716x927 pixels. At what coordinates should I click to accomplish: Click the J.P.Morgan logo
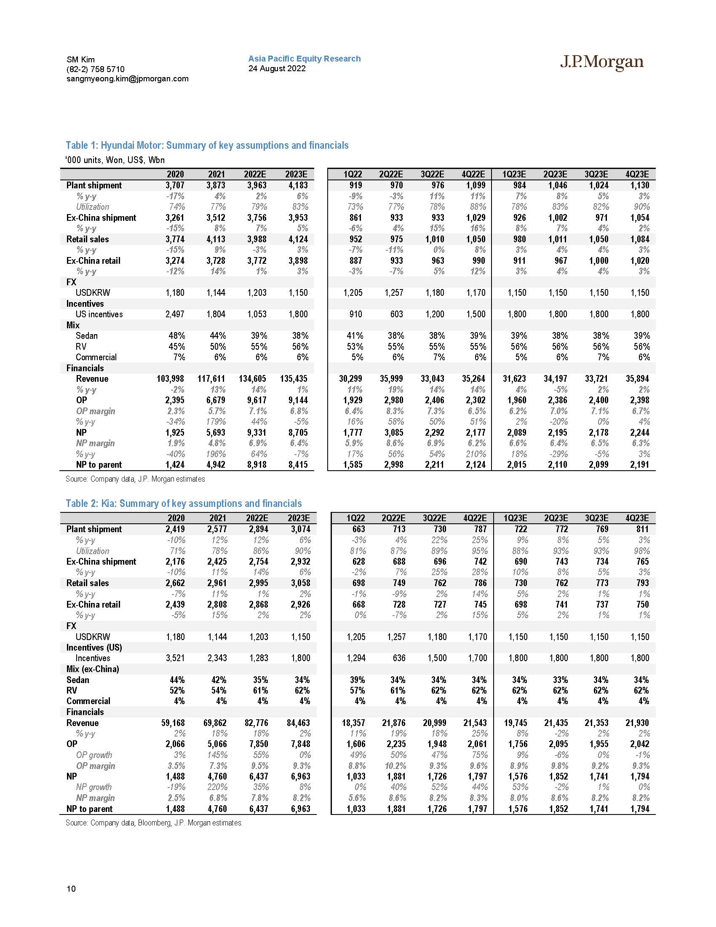coord(601,62)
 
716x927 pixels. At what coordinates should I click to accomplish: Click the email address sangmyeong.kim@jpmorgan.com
coord(127,78)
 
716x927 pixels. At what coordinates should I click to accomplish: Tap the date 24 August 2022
coord(277,68)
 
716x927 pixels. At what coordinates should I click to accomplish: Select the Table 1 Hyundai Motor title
coord(207,146)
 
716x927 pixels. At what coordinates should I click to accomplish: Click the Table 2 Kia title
coord(184,504)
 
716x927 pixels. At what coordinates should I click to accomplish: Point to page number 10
coord(71,888)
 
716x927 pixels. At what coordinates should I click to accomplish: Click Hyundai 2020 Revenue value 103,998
coord(171,379)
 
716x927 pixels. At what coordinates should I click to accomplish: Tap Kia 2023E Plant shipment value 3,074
coord(299,529)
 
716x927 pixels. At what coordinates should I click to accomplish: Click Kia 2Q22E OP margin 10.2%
coord(395,766)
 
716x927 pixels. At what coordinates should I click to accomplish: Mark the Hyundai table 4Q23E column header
coord(637,174)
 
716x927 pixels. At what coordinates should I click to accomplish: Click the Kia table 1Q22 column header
coord(355,518)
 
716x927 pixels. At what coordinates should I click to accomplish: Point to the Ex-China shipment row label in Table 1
coord(101,218)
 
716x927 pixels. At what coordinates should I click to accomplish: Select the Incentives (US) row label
coord(94,647)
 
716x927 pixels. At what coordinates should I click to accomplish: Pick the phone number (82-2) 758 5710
coord(96,69)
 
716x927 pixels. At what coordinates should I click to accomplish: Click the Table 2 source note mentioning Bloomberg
coord(154,823)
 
